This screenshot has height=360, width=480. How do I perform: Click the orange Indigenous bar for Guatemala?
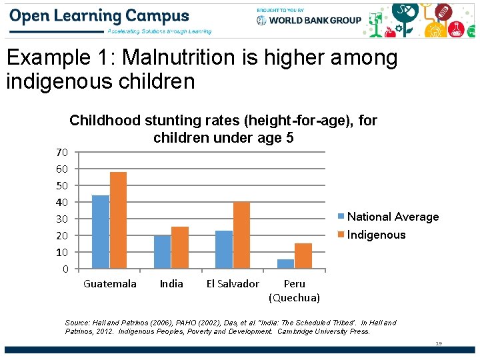(x=118, y=220)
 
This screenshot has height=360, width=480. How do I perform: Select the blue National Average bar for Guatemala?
(x=100, y=232)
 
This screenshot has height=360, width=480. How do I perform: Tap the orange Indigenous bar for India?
(x=180, y=247)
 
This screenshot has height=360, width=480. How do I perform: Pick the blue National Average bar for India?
(x=162, y=252)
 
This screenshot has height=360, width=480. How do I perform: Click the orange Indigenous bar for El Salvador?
(x=241, y=235)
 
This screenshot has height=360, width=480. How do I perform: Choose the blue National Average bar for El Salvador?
(x=224, y=249)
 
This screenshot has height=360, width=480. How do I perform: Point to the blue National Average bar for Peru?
(x=285, y=264)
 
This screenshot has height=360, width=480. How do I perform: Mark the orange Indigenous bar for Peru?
(x=303, y=256)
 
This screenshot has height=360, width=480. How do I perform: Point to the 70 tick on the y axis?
(x=61, y=152)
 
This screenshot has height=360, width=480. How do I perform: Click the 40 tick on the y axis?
(x=61, y=202)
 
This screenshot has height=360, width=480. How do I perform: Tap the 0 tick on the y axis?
(x=65, y=269)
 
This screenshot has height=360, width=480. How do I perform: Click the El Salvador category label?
(x=233, y=284)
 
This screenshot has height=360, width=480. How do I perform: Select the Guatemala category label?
(x=109, y=284)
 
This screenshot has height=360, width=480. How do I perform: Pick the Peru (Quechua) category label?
(x=294, y=291)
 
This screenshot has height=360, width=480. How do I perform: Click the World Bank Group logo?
(x=309, y=20)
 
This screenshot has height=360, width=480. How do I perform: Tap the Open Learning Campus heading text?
(x=100, y=16)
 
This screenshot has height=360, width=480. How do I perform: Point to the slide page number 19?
(x=438, y=343)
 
